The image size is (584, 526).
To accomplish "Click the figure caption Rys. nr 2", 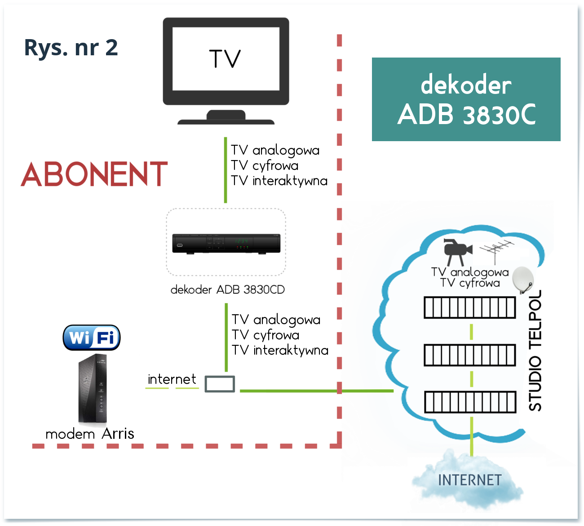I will [71, 48].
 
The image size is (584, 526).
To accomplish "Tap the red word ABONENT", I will [94, 174].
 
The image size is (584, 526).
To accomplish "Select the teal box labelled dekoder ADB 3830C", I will [466, 99].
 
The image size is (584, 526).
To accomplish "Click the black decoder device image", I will [226, 243].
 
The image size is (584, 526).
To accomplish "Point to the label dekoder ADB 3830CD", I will [228, 290].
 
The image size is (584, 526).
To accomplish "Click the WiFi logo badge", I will [92, 338].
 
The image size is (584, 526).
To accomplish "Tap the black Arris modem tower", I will [93, 389].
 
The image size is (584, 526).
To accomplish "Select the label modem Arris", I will [90, 434].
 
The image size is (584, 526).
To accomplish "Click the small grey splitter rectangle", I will [220, 384].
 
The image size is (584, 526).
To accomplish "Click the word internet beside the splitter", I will [172, 379].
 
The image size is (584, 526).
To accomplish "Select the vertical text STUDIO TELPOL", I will [535, 351].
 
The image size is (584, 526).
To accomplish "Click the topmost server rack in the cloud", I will [470, 308].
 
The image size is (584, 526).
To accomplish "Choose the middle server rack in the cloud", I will [470, 355].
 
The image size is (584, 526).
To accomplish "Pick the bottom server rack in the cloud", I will [470, 402].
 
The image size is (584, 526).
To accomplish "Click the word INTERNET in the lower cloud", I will [469, 480].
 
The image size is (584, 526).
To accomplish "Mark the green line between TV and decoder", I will [226, 170].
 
